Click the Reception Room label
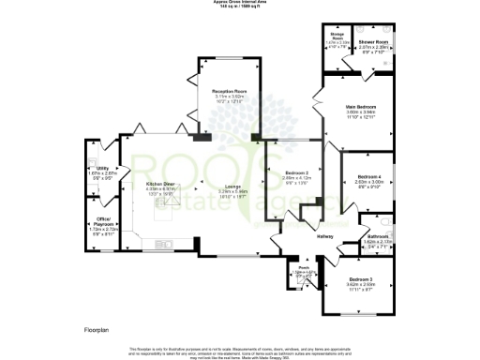(229, 90)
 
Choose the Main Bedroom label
(356, 107)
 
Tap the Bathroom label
(377, 235)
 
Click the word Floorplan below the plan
(90, 329)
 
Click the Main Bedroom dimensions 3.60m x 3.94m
(356, 112)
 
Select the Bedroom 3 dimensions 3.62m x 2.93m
(362, 285)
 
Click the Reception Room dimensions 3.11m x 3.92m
(229, 96)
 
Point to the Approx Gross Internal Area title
(240, 3)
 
